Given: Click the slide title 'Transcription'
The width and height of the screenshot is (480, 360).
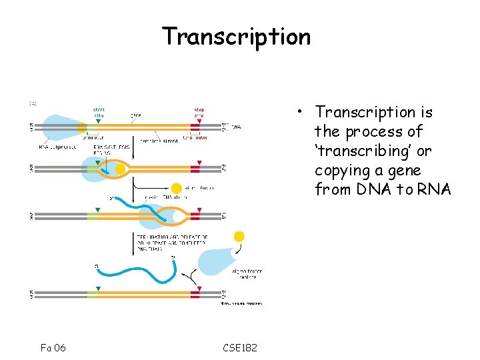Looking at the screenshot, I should coord(237,35).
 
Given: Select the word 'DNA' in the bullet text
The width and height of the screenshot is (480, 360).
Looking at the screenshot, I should coord(378,190).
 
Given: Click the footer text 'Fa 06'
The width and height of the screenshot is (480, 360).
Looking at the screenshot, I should coord(53,347).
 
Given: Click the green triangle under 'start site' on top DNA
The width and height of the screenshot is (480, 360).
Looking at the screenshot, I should coord(99,121).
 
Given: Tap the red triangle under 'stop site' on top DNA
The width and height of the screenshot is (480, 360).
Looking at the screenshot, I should coord(199,121).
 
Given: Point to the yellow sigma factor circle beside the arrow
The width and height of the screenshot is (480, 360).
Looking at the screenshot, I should coord(177,189).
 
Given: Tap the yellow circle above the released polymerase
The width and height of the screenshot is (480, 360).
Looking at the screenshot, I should coord(239,236).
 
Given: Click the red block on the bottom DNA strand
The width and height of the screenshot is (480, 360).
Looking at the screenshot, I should coord(195,294).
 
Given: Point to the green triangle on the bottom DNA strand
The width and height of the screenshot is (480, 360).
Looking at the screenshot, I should coord(99,289).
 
